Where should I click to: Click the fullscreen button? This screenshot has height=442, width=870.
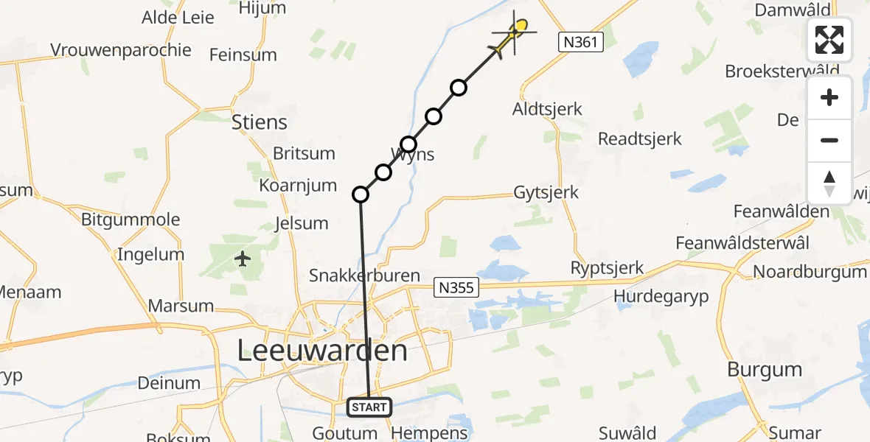pyautogui.click(x=829, y=40)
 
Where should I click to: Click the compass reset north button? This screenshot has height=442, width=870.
pyautogui.click(x=829, y=183)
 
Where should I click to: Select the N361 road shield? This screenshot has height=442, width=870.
pyautogui.click(x=580, y=43)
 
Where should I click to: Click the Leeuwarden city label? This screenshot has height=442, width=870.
pyautogui.click(x=322, y=351)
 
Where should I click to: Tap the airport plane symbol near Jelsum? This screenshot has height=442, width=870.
pyautogui.click(x=243, y=259)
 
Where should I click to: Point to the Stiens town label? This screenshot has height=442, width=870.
pyautogui.click(x=260, y=122)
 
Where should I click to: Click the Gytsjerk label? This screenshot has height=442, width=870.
pyautogui.click(x=546, y=193)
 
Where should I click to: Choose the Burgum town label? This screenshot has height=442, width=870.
pyautogui.click(x=765, y=369)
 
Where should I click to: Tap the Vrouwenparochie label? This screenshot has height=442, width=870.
pyautogui.click(x=121, y=50)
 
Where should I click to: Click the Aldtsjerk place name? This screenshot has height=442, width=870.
pyautogui.click(x=547, y=110)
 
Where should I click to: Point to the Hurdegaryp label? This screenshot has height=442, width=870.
pyautogui.click(x=661, y=295)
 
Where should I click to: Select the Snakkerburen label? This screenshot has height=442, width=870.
pyautogui.click(x=364, y=276)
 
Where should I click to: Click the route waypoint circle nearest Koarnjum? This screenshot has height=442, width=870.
pyautogui.click(x=361, y=194)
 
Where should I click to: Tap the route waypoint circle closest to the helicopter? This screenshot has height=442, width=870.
pyautogui.click(x=459, y=88)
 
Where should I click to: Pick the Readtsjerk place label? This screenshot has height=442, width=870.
pyautogui.click(x=640, y=138)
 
